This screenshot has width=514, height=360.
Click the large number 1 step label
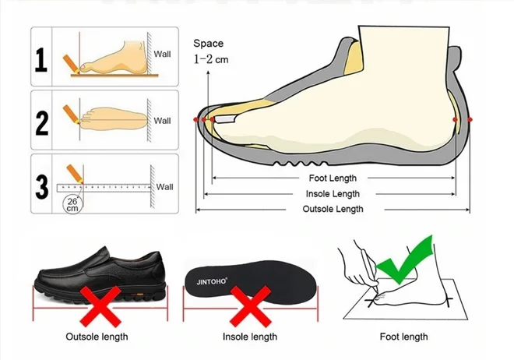pyautogui.click(x=41, y=60)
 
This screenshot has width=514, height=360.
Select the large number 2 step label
pyautogui.click(x=41, y=123)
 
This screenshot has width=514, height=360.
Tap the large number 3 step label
pyautogui.click(x=41, y=187)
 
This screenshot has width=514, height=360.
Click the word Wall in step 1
pyautogui.click(x=162, y=54)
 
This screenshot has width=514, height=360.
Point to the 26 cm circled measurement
pyautogui.click(x=72, y=205)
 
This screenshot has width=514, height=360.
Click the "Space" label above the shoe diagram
pyautogui.click(x=208, y=44)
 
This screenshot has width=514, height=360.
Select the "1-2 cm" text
pyautogui.click(x=211, y=59)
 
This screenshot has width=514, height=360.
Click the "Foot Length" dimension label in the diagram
pyautogui.click(x=333, y=178)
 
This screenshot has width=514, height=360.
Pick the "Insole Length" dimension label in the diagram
pyautogui.click(x=333, y=194)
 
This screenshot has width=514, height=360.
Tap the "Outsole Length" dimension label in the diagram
pyautogui.click(x=333, y=209)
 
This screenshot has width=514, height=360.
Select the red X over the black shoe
pyautogui.click(x=100, y=306)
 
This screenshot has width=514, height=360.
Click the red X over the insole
pyautogui.click(x=251, y=306)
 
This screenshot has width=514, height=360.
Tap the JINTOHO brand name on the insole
pyautogui.click(x=212, y=281)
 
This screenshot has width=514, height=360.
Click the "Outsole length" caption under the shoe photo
pyautogui.click(x=97, y=337)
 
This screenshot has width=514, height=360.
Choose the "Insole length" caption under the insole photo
pyautogui.click(x=250, y=337)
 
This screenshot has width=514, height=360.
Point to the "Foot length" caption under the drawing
pyautogui.click(x=403, y=337)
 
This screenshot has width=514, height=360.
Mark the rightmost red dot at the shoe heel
pyautogui.click(x=470, y=120)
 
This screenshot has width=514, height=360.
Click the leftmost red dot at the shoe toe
pyautogui.click(x=196, y=120)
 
